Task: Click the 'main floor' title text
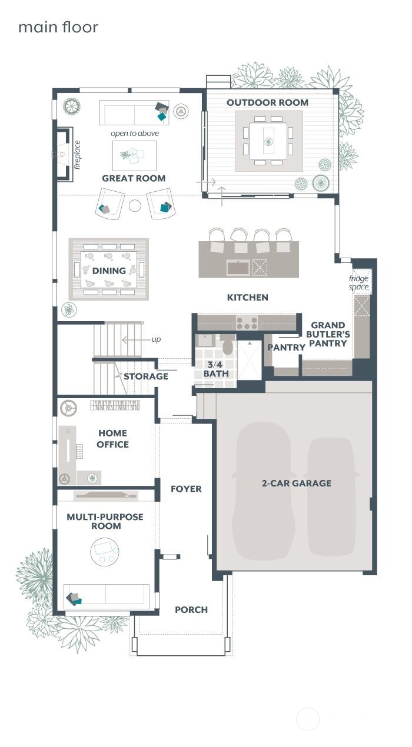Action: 58,27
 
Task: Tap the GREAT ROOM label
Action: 134,178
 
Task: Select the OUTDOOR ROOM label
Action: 267,102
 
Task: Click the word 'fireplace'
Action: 77,155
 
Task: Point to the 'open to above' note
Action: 135,134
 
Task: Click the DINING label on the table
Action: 109,271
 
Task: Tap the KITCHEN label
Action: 247,298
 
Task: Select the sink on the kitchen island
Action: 238,268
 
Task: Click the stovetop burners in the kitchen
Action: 247,323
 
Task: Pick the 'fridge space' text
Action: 358,283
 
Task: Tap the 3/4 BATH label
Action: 216,369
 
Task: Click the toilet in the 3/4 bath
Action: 227,346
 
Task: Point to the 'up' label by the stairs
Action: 155,339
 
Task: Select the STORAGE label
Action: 146,376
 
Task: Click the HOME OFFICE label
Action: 112,439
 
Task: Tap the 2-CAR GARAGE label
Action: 296,483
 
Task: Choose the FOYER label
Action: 186,489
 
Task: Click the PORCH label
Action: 191,610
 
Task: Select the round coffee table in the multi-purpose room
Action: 104,552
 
